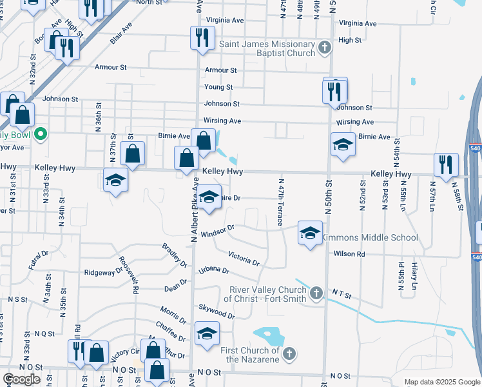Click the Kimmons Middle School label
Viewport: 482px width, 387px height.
(x=370, y=238)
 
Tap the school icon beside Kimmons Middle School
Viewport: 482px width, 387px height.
(x=310, y=233)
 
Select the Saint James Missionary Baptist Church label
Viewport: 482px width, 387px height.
(x=268, y=49)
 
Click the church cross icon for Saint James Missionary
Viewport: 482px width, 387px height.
(x=325, y=47)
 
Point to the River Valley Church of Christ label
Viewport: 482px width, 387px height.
(x=265, y=294)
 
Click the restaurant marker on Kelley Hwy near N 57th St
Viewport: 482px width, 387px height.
(x=445, y=165)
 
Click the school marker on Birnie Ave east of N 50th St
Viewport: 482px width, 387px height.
(x=343, y=144)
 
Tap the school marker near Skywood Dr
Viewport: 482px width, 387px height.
(x=207, y=333)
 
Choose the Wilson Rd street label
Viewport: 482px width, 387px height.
(x=349, y=254)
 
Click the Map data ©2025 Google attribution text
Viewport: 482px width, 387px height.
(x=441, y=382)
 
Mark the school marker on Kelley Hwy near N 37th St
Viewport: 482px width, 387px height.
(x=115, y=180)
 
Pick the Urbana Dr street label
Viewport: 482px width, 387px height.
(x=214, y=270)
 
